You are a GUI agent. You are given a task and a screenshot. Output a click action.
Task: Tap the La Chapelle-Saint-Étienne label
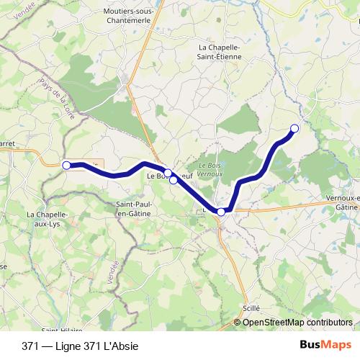click(219, 53)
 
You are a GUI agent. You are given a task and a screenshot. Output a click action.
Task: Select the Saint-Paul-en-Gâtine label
click(134, 209)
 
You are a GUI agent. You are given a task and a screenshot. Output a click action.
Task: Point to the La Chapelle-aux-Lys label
click(47, 219)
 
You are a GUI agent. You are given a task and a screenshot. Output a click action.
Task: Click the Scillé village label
click(251, 307)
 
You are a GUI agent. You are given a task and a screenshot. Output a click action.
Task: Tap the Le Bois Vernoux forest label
click(210, 169)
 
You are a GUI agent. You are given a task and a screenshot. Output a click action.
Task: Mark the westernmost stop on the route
click(67, 165)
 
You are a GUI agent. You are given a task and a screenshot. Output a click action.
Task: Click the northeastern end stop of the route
click(294, 128)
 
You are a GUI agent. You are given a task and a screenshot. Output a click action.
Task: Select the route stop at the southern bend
click(221, 212)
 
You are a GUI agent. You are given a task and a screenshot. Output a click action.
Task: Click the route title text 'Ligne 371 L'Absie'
click(100, 346)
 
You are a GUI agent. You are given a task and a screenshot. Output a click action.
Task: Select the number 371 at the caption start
click(31, 346)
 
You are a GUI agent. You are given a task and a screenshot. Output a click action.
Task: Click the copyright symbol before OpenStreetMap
click(238, 323)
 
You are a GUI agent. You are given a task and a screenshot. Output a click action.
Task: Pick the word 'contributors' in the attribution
click(328, 323)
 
